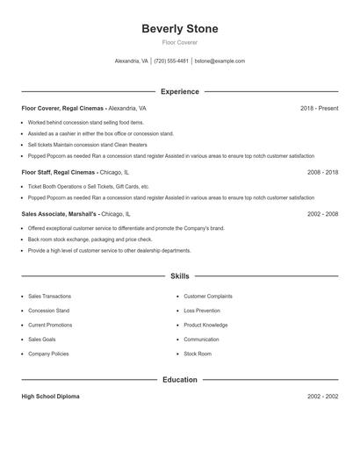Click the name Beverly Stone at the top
pyautogui.click(x=180, y=29)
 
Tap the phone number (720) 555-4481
pyautogui.click(x=171, y=61)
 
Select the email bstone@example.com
pyautogui.click(x=220, y=61)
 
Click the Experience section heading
pyautogui.click(x=180, y=91)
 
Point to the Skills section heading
pyautogui.click(x=180, y=275)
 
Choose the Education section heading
pyautogui.click(x=180, y=380)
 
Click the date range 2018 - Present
pyautogui.click(x=319, y=108)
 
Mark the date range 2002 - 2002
pyautogui.click(x=322, y=397)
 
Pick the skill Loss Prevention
pyautogui.click(x=203, y=311)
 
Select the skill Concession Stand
pyautogui.click(x=48, y=311)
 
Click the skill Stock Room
pyautogui.click(x=198, y=354)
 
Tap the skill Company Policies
pyautogui.click(x=48, y=354)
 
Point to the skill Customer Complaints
pyautogui.click(x=208, y=297)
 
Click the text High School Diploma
pyautogui.click(x=50, y=397)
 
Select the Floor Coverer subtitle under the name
pyautogui.click(x=180, y=42)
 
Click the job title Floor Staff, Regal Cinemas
pyautogui.click(x=59, y=173)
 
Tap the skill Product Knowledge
pyautogui.click(x=205, y=325)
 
